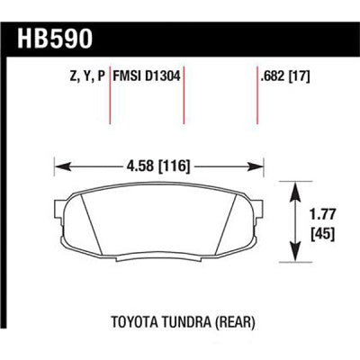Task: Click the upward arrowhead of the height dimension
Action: tap(294, 187)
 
